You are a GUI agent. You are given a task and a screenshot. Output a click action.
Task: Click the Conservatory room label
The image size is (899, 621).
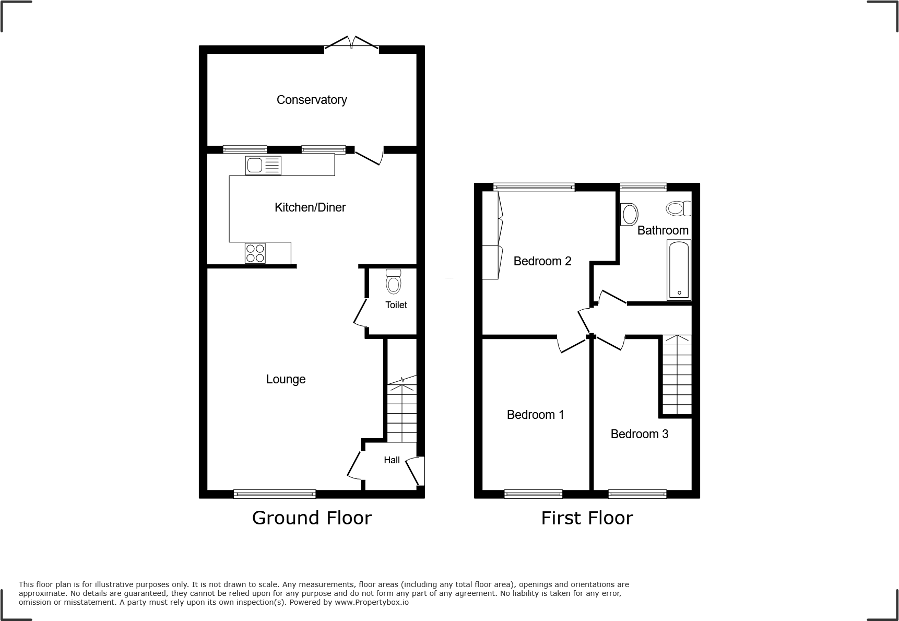point(312,100)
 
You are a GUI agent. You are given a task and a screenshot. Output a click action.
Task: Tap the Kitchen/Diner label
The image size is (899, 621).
point(310,207)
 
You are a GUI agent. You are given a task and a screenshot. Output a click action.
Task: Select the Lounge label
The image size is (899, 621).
point(286,379)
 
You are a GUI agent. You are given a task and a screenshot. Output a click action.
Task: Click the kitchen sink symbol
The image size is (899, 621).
point(263,166)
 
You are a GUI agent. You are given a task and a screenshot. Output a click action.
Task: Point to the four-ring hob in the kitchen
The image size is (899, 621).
point(255,253)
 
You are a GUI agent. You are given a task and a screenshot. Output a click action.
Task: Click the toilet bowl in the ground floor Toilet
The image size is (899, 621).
point(393,282)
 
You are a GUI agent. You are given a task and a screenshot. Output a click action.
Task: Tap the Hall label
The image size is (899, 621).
point(392,460)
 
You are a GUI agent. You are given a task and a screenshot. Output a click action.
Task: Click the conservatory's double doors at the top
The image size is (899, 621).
point(351,44)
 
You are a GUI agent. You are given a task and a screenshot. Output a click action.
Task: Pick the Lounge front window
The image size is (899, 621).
point(275,494)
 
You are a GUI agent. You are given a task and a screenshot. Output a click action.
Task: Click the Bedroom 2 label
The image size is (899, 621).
point(542,261)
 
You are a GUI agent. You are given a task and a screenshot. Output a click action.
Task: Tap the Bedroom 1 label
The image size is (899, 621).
point(535,415)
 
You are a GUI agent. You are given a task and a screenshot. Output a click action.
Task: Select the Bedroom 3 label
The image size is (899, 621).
point(639,434)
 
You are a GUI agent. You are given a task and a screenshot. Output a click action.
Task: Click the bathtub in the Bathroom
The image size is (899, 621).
point(679,270)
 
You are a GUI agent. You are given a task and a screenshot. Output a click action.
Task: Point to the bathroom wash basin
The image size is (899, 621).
point(629,214)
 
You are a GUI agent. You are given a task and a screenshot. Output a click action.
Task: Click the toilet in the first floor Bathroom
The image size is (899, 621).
point(678,209)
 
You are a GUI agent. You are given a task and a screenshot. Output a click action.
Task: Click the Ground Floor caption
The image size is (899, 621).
point(312,518)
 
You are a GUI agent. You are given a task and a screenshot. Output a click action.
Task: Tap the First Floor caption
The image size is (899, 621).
point(587,518)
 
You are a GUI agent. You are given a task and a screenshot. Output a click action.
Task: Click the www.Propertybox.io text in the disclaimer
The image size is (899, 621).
point(371,602)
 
